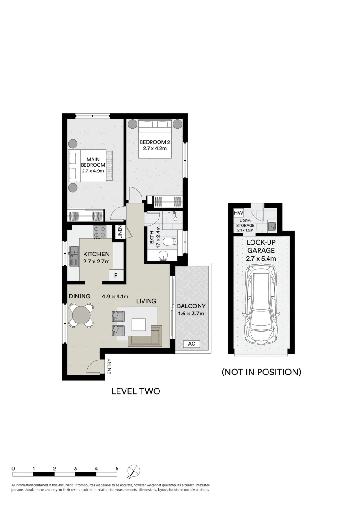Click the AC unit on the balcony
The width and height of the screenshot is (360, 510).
pyautogui.click(x=192, y=344)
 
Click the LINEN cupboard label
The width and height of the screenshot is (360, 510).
pyautogui.click(x=120, y=232)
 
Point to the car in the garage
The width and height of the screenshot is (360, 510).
pyautogui.click(x=261, y=304)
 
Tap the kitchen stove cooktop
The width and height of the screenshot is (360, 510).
pyautogui.click(x=100, y=232)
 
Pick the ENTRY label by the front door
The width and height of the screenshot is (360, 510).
pyautogui.click(x=109, y=367)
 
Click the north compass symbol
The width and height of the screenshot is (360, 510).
pyautogui.click(x=134, y=471)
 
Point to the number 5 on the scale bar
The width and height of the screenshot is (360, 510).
pyautogui.click(x=117, y=468)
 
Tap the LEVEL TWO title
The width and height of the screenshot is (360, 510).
pyautogui.click(x=135, y=391)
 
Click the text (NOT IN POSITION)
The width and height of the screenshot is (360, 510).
pyautogui.click(x=261, y=372)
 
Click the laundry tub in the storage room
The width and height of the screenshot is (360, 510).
pyautogui.click(x=272, y=227)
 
